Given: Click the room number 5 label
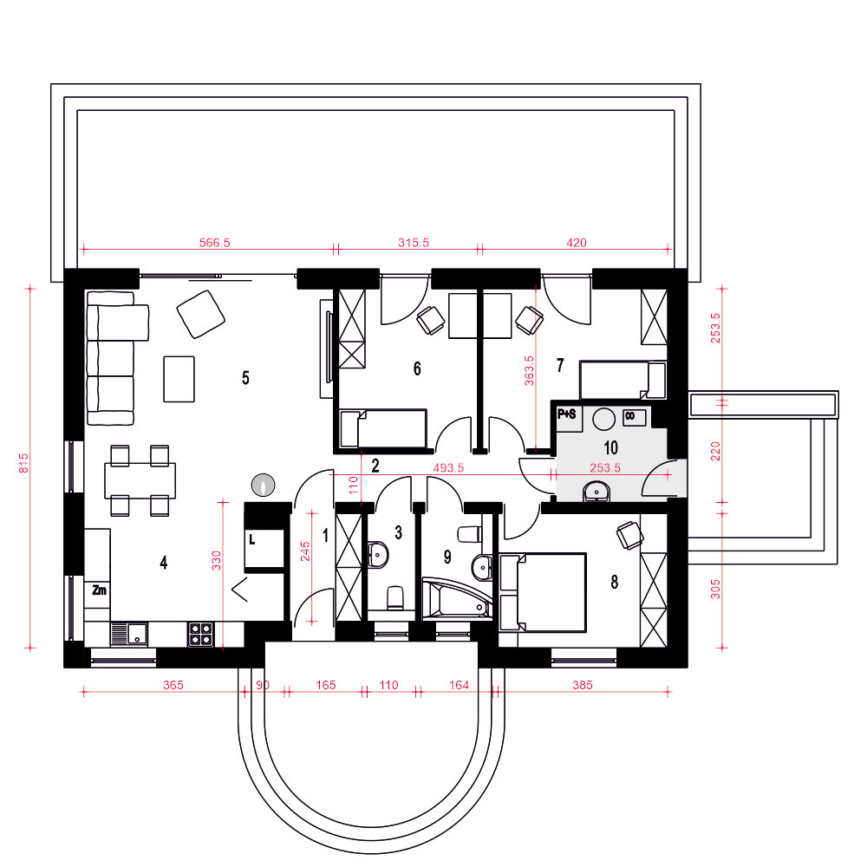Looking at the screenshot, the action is coord(245,378).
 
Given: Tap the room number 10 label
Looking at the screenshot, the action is coord(610,447).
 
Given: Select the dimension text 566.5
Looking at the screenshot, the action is coord(214,243).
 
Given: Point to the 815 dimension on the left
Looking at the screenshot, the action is coord(23,463).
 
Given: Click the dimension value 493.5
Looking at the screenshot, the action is coord(448,468).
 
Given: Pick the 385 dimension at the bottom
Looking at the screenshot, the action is coord(583,685).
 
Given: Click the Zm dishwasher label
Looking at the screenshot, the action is coord(99,590).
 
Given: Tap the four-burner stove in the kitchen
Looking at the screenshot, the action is coord(201,635).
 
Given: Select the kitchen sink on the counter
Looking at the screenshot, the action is coord(129,635).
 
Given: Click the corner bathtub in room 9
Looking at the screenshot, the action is coord(457,599).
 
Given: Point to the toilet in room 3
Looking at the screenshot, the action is coord(394,598).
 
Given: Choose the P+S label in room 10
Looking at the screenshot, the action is coord(567,414).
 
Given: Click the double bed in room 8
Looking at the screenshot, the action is coord(543,592).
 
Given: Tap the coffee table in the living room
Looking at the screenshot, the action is coord(179,379).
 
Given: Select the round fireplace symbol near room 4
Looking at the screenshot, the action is coord(264,485).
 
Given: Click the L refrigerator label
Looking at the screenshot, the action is coord(252,538).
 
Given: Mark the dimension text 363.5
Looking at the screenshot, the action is coord(529,370).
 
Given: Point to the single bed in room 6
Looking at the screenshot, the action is coord(383,428).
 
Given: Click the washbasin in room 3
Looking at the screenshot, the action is coord(378,554).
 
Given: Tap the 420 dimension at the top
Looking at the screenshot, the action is coord(577,243).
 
